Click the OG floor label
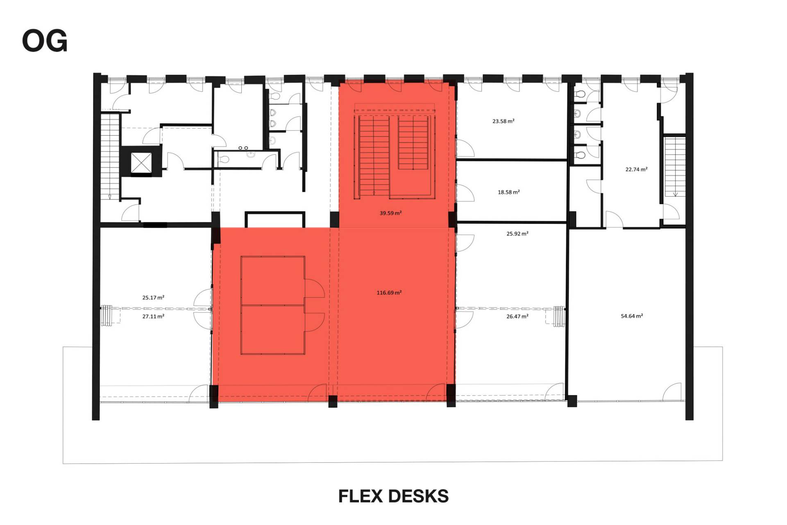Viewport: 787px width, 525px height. tap(45, 41)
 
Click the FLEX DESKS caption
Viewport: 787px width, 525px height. tap(393, 496)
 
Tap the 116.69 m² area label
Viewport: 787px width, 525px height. tap(389, 292)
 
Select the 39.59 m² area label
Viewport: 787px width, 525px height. tap(390, 213)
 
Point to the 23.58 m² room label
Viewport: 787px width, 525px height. tap(503, 121)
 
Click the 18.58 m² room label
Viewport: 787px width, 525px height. tap(508, 192)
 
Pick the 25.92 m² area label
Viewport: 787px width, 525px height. tap(517, 234)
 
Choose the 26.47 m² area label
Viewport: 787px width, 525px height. tap(517, 316)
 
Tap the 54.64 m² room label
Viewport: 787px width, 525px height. tap(632, 316)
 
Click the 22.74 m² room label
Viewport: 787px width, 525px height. tap(636, 169)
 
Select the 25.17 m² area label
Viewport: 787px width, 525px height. tap(153, 297)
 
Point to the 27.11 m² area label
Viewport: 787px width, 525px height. tap(153, 316)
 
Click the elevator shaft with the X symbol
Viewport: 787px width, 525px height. tap(141, 163)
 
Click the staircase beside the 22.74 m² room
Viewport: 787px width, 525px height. tap(675, 167)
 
